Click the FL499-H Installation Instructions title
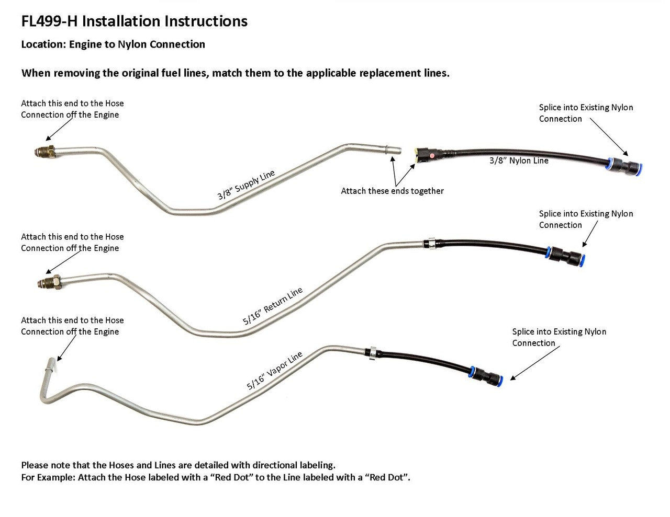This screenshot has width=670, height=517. (134, 21)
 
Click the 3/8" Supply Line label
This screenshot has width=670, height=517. (246, 185)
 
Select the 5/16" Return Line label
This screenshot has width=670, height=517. (273, 307)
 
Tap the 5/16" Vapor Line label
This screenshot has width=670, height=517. (275, 371)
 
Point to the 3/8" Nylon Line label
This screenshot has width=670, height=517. (519, 160)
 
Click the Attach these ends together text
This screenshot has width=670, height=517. (392, 191)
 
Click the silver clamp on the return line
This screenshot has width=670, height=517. (430, 243)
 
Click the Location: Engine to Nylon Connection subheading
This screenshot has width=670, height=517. (113, 44)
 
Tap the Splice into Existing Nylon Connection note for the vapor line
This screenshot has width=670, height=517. (559, 337)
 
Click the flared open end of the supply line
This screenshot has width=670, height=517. (393, 150)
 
